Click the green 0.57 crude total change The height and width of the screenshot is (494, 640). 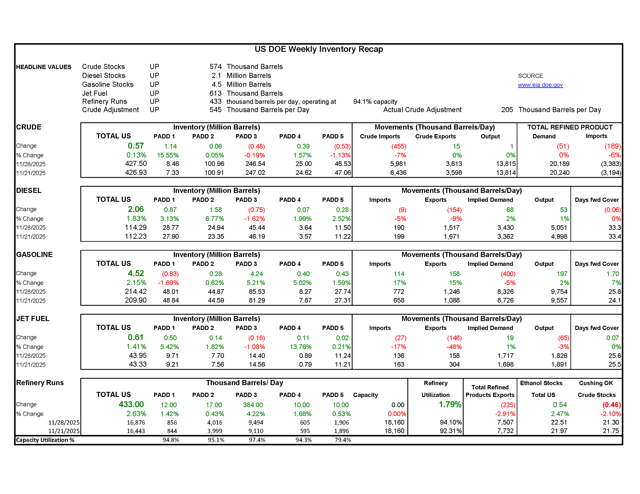tap(136, 146)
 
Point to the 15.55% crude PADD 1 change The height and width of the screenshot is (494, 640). tap(168, 155)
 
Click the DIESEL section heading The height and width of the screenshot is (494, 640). tap(29, 191)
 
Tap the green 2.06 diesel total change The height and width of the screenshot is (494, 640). tap(136, 209)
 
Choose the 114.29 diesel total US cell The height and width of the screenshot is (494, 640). tap(136, 228)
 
